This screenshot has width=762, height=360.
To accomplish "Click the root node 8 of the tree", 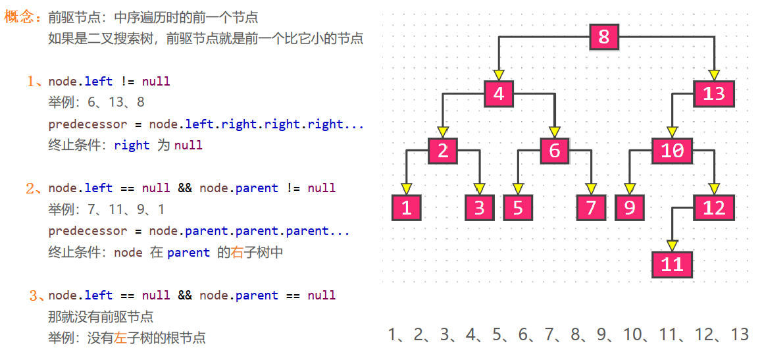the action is (604, 36).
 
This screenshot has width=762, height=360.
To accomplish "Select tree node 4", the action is (499, 93).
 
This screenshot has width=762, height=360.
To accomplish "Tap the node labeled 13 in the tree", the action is (713, 93).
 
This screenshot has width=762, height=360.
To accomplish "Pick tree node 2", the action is (443, 151).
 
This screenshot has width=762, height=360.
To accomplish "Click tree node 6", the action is (555, 151).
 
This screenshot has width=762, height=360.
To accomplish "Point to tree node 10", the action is (672, 151).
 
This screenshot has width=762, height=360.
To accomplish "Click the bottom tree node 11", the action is (672, 265).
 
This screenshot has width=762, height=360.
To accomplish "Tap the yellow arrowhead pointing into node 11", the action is (672, 246).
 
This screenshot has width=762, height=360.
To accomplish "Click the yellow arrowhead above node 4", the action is (499, 75).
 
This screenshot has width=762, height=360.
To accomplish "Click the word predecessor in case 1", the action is (88, 124).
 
